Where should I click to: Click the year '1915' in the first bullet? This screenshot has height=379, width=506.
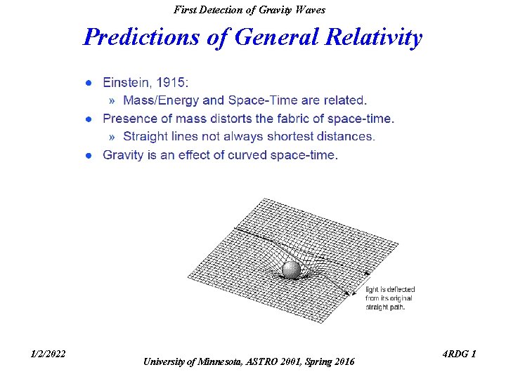click(172, 84)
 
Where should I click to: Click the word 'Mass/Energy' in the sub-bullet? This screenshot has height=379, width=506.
click(161, 101)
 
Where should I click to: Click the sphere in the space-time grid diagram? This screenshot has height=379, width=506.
click(291, 271)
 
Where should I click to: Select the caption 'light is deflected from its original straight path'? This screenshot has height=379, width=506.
click(390, 298)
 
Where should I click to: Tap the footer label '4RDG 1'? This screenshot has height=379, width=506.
click(460, 354)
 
